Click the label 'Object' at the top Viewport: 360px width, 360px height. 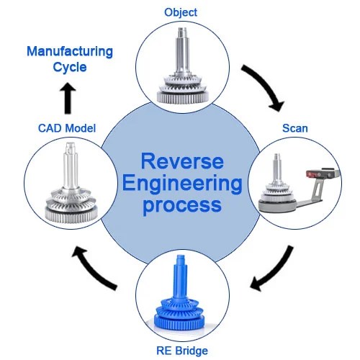coord(180,12)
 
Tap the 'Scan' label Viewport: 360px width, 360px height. coord(294,128)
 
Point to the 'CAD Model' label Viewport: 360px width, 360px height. coord(66,128)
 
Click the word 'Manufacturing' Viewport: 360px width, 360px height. coord(70,52)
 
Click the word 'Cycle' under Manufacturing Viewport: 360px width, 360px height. coord(70,68)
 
